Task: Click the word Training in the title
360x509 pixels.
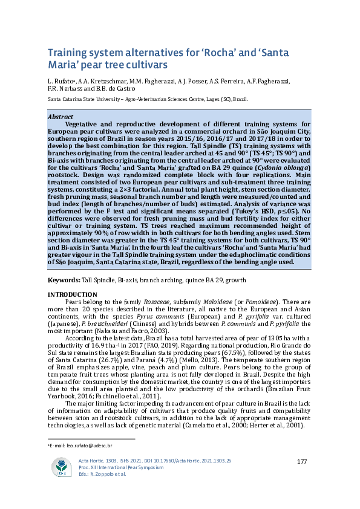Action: click(68, 53)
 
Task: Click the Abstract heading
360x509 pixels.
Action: click(60, 117)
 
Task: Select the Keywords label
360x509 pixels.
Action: click(64, 280)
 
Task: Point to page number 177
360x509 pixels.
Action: click(303, 462)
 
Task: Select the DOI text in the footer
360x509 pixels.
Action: click(181, 461)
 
